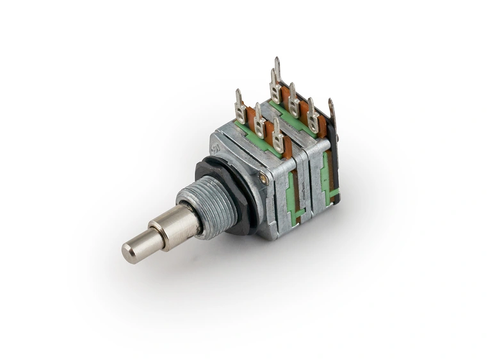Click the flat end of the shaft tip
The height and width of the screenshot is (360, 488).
[x=130, y=252]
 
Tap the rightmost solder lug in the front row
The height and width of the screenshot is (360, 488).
[x=278, y=135]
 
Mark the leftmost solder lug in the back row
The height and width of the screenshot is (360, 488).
[x=275, y=86]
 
